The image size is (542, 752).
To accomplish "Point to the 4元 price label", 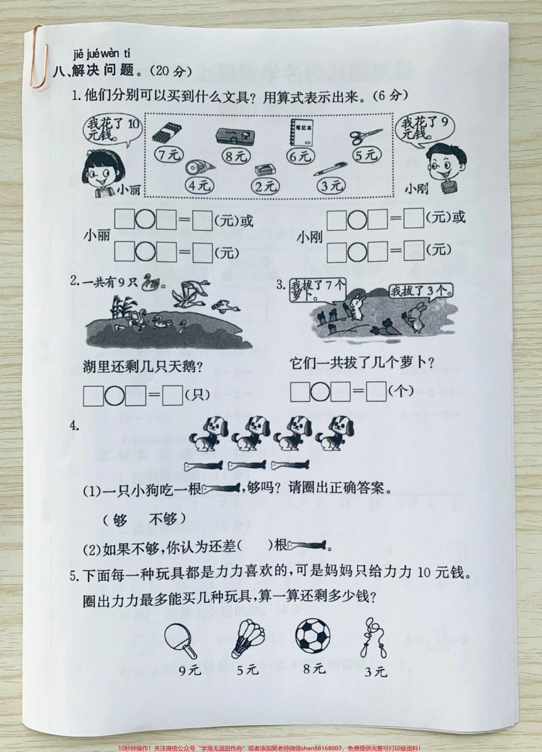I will coord(199,184).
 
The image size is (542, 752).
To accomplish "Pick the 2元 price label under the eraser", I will coord(265,185).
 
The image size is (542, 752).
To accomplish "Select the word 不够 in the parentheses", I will coord(167,519).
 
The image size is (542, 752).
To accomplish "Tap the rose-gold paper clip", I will coord(38,57).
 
